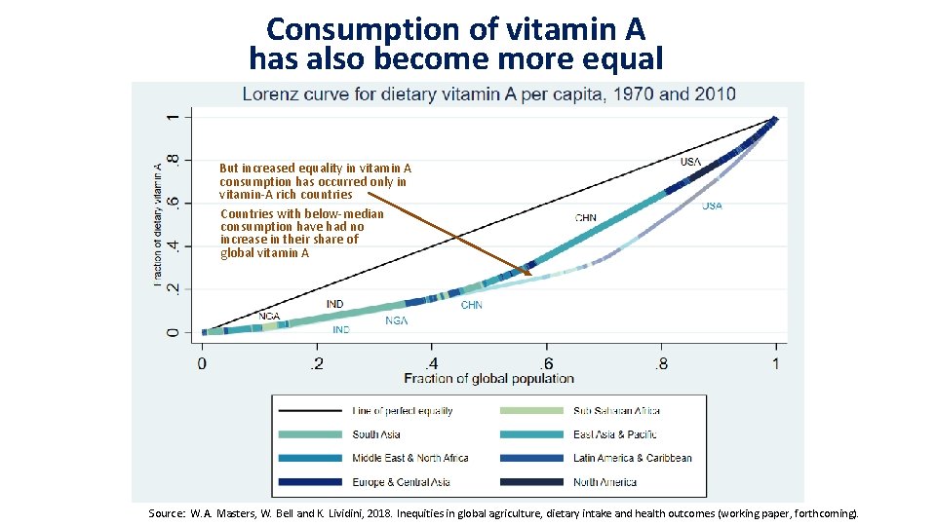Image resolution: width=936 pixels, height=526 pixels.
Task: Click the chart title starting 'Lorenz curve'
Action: pyautogui.click(x=488, y=94)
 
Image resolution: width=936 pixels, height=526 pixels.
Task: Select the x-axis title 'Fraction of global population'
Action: pyautogui.click(x=488, y=378)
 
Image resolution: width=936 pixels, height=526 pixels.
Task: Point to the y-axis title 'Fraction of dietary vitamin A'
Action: pyautogui.click(x=158, y=223)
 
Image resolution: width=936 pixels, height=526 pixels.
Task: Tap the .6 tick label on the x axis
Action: pyautogui.click(x=546, y=363)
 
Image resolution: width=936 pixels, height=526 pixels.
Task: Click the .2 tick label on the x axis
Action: pyautogui.click(x=316, y=363)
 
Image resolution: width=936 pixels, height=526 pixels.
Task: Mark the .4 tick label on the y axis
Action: pyautogui.click(x=173, y=245)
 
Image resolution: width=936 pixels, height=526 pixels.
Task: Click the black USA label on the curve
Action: pyautogui.click(x=690, y=161)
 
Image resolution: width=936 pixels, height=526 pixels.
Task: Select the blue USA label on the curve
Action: pyautogui.click(x=712, y=206)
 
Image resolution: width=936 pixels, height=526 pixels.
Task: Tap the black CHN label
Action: pyautogui.click(x=586, y=218)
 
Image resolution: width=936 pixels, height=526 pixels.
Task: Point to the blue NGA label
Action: pyautogui.click(x=397, y=320)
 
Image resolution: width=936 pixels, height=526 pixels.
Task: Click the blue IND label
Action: pyautogui.click(x=341, y=330)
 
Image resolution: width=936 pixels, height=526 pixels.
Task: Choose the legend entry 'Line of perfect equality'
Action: pyautogui.click(x=403, y=411)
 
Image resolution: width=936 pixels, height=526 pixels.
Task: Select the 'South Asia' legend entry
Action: pyautogui.click(x=376, y=434)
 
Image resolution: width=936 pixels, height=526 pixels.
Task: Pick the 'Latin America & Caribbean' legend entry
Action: pyautogui.click(x=632, y=458)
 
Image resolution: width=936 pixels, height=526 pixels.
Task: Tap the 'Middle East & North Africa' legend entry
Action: pyautogui.click(x=409, y=458)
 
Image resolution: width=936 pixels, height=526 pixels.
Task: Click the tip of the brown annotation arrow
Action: pyautogui.click(x=532, y=276)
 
